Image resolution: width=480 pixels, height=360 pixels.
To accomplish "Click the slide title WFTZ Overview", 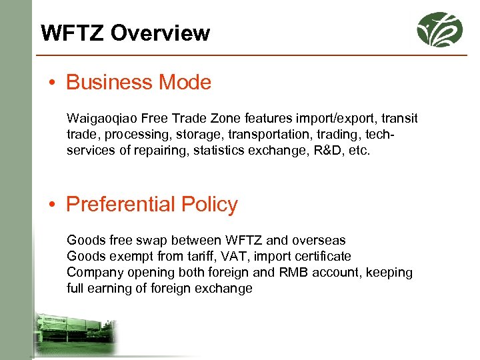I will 125,33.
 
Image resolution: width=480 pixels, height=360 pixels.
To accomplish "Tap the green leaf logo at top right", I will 439,29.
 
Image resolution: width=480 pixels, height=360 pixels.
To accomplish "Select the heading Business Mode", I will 139,83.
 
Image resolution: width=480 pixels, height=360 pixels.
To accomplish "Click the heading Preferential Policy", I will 152,204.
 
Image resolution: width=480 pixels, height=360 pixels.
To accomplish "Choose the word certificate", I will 320,256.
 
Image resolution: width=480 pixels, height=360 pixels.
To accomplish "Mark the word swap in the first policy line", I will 147,240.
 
